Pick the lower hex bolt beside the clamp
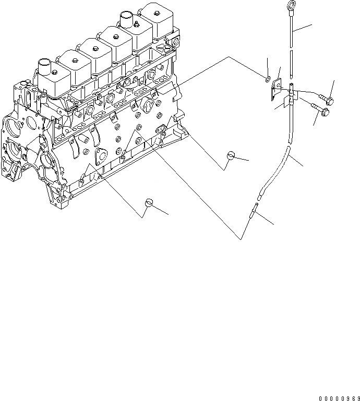(x=326, y=112)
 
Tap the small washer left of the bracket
(x=267, y=79)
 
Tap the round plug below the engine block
(x=150, y=202)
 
